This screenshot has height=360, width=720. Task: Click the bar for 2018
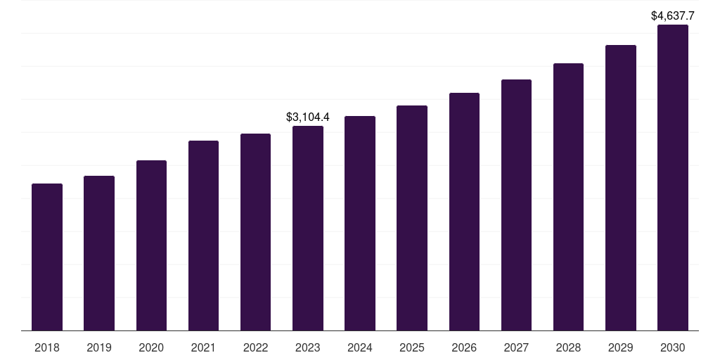click(47, 257)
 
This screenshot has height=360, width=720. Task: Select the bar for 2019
click(99, 253)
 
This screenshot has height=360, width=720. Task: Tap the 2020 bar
click(151, 245)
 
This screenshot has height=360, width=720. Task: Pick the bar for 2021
click(203, 236)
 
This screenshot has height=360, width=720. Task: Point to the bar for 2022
click(255, 232)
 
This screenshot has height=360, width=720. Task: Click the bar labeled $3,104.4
click(308, 229)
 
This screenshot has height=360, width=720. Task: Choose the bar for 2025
click(412, 218)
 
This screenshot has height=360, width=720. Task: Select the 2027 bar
click(516, 205)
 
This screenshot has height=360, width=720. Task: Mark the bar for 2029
click(621, 188)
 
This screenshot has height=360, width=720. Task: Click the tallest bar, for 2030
click(673, 177)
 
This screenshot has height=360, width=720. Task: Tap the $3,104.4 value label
click(308, 117)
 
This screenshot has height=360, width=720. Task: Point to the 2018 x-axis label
click(47, 347)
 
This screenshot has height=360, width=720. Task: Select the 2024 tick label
click(360, 347)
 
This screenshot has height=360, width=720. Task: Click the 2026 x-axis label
click(464, 347)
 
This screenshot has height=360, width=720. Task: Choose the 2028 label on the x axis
click(568, 347)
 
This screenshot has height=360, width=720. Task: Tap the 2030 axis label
click(673, 347)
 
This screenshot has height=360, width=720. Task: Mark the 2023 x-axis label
click(308, 347)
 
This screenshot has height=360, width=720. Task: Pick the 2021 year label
click(203, 347)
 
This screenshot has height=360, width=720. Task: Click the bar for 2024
click(360, 223)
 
